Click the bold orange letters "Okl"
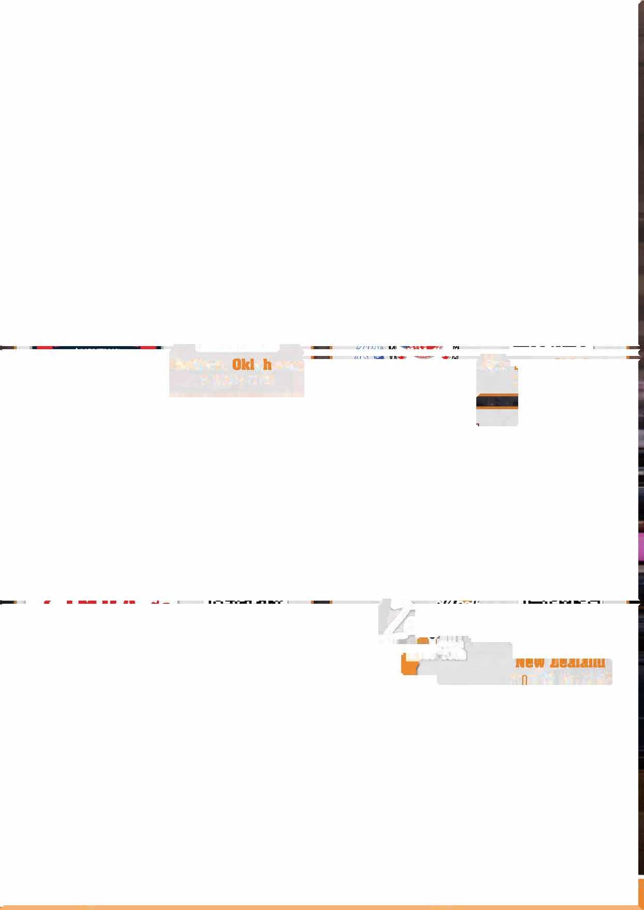(246, 365)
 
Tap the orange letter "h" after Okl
(267, 365)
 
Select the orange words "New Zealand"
(560, 663)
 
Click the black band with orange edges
(496, 402)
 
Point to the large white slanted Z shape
(396, 618)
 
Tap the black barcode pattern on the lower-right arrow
(562, 602)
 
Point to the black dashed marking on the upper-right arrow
(551, 346)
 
